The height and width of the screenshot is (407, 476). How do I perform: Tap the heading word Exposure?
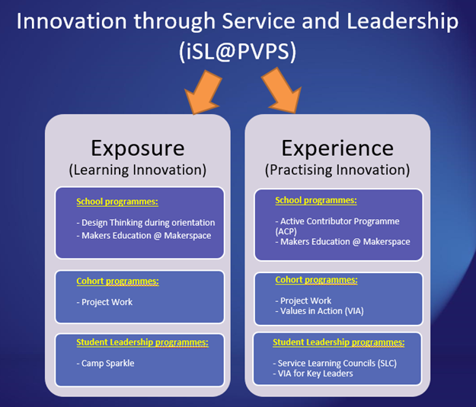click(x=138, y=148)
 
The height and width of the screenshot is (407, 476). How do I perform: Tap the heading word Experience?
click(x=337, y=148)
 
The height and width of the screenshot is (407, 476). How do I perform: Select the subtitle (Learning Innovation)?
click(x=138, y=170)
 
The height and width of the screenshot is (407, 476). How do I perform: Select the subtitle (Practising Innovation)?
click(x=337, y=170)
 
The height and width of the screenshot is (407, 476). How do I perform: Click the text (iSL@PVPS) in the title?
click(x=238, y=52)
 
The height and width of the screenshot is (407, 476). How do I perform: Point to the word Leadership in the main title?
click(x=403, y=21)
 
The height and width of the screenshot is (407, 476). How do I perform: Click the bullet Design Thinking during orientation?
click(x=145, y=223)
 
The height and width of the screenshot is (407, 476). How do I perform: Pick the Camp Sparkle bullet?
click(x=105, y=364)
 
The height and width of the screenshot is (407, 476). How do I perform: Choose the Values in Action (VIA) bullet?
click(x=319, y=311)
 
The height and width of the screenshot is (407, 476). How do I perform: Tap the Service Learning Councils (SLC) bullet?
click(x=335, y=364)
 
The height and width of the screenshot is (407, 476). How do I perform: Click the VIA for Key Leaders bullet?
click(x=313, y=374)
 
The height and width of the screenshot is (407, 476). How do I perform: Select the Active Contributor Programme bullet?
click(x=337, y=226)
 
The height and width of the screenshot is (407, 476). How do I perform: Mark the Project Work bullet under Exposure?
click(x=104, y=302)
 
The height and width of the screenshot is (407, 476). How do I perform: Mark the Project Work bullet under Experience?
click(x=303, y=300)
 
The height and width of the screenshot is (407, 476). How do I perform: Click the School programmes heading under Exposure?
click(x=117, y=202)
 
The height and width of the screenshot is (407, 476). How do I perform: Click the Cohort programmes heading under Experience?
click(x=316, y=280)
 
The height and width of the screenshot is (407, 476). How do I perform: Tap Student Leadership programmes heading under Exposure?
click(x=142, y=342)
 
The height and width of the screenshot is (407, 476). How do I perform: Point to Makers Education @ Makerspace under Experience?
click(x=343, y=242)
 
